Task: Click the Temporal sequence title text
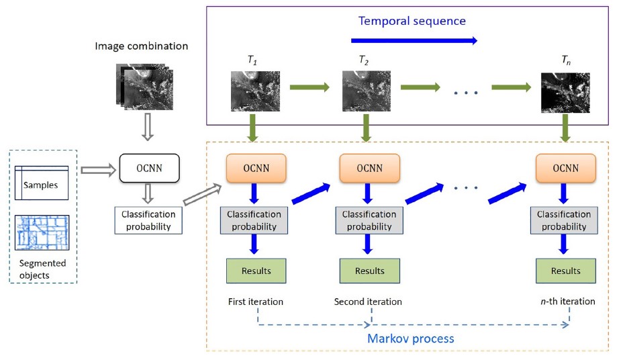click(412, 21)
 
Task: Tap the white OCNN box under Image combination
click(149, 168)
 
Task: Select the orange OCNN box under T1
click(256, 168)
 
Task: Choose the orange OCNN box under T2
click(369, 168)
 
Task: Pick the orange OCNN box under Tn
click(565, 168)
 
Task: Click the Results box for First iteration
click(256, 271)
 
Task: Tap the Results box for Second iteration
click(369, 271)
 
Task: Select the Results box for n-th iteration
click(565, 271)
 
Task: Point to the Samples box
click(42, 183)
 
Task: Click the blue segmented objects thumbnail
click(42, 232)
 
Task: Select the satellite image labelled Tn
click(565, 92)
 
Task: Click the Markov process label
click(410, 338)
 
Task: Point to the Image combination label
click(142, 46)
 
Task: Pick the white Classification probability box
click(148, 221)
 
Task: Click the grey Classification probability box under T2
click(369, 220)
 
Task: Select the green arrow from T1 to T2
click(309, 87)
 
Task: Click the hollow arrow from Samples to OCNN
click(98, 171)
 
